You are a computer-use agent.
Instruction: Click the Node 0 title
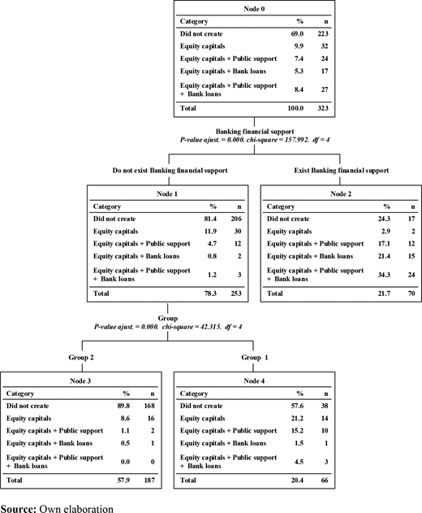click(x=254, y=9)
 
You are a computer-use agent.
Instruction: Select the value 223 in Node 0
click(x=323, y=33)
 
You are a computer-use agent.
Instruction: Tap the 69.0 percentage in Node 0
click(x=297, y=33)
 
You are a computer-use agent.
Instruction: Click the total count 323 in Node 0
click(x=323, y=108)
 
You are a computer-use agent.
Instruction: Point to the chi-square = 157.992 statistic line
click(x=255, y=140)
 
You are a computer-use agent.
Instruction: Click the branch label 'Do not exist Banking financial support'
click(x=170, y=171)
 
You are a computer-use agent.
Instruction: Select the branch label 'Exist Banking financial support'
click(x=342, y=171)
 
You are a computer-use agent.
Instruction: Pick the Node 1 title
click(x=167, y=193)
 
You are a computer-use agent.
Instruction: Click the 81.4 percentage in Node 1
click(x=210, y=219)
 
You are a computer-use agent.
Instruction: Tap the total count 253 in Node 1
click(x=236, y=293)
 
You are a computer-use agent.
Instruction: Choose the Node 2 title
click(x=341, y=193)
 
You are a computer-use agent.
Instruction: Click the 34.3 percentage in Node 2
click(x=384, y=275)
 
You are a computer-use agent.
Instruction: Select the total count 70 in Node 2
click(x=411, y=293)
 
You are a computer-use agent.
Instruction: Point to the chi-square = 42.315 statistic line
click(x=168, y=327)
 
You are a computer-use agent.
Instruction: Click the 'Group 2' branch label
click(x=81, y=357)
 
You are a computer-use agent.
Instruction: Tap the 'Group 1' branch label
click(x=255, y=357)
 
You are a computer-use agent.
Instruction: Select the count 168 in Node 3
click(x=149, y=406)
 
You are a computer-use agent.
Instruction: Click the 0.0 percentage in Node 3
click(x=125, y=462)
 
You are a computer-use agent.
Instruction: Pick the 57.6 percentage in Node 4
click(x=297, y=406)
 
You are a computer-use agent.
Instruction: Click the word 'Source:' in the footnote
click(x=19, y=509)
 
